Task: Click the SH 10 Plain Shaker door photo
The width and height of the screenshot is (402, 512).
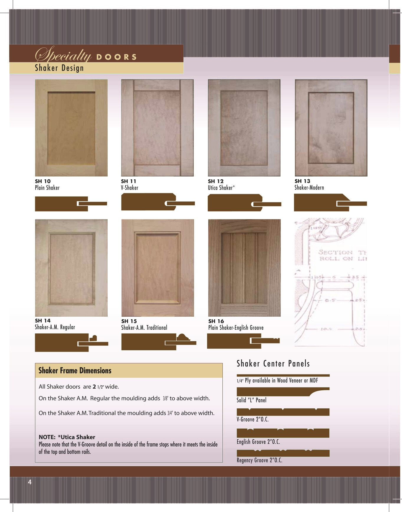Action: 71,128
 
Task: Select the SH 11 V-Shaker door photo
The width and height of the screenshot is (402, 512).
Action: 157,128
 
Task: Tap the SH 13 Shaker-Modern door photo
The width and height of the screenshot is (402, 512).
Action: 331,128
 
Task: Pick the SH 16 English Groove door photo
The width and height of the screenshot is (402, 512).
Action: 244,268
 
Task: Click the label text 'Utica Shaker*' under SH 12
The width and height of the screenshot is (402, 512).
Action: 221,188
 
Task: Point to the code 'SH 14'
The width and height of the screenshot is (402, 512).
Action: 43,321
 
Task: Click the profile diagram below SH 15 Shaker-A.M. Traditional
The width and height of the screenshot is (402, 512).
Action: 159,342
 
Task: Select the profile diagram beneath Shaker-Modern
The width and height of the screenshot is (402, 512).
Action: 330,203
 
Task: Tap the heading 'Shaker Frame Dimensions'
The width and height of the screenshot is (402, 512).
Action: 75,371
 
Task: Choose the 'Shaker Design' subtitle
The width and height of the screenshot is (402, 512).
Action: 59,68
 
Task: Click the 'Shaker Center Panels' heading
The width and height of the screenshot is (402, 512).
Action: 273,364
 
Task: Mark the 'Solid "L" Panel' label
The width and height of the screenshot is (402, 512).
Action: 252,400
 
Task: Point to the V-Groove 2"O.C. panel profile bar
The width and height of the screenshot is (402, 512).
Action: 283,412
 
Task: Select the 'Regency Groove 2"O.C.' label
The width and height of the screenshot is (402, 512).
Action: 260,460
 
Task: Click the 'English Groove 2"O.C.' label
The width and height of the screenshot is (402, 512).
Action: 258,442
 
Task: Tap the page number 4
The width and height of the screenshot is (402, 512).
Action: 29,482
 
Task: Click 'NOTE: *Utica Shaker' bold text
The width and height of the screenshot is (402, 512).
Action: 67,437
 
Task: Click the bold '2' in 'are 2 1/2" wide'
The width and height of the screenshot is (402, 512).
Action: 94,387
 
